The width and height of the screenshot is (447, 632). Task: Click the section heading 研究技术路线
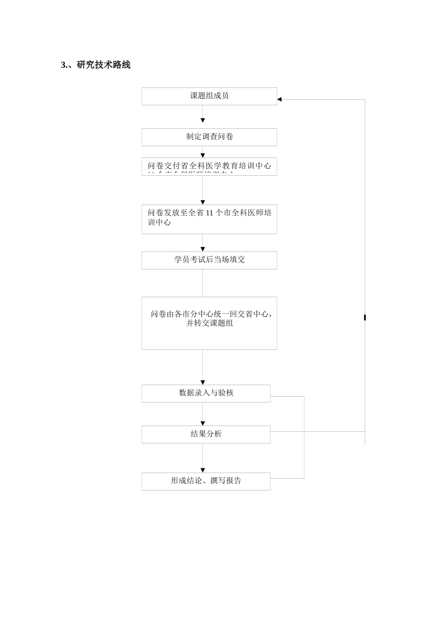(103, 65)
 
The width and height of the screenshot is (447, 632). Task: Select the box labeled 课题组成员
(209, 96)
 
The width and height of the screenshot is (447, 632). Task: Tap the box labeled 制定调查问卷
(209, 137)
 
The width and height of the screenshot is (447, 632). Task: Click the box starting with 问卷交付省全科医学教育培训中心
(209, 166)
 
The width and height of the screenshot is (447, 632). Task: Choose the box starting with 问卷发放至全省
(209, 219)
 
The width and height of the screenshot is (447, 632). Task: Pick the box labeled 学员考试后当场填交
(209, 260)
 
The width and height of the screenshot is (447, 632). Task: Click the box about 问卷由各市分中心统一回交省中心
(209, 323)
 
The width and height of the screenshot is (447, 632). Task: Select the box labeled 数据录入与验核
(206, 393)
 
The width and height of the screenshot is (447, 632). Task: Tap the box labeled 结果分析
(206, 434)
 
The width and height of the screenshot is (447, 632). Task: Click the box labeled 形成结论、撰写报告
(206, 481)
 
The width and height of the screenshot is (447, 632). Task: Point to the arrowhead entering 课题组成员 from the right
(279, 99)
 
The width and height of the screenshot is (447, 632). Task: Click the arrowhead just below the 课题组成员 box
(203, 121)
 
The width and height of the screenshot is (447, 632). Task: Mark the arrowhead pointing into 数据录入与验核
(203, 382)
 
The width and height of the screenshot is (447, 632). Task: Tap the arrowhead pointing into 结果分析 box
(203, 423)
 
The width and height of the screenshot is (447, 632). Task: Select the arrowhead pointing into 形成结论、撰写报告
(203, 470)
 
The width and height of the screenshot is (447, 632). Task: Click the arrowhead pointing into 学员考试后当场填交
(203, 249)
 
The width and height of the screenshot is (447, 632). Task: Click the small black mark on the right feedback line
(365, 318)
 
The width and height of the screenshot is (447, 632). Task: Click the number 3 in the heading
(63, 65)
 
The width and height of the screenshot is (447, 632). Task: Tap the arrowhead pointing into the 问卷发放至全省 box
(203, 203)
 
